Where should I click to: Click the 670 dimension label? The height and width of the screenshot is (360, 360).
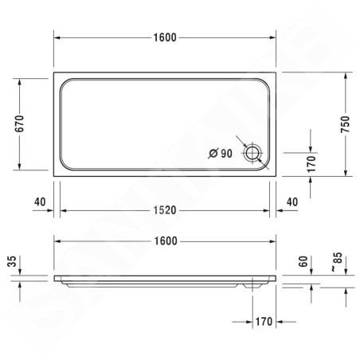coord(19,123)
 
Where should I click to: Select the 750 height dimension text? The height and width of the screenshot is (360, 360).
coord(346,124)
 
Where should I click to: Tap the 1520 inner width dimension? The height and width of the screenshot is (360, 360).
coord(165,210)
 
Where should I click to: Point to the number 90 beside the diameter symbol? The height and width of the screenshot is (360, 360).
coord(226,154)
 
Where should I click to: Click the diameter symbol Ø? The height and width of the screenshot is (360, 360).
coord(213,154)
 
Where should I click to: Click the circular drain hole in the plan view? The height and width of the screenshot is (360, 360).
coord(252,153)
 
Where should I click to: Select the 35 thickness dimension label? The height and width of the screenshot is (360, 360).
coord(12,261)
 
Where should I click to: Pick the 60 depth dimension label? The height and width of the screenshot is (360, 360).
coord(303,261)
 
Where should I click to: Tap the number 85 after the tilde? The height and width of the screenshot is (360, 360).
coord(338,258)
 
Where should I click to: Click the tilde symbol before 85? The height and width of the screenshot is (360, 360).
coord(334,269)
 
